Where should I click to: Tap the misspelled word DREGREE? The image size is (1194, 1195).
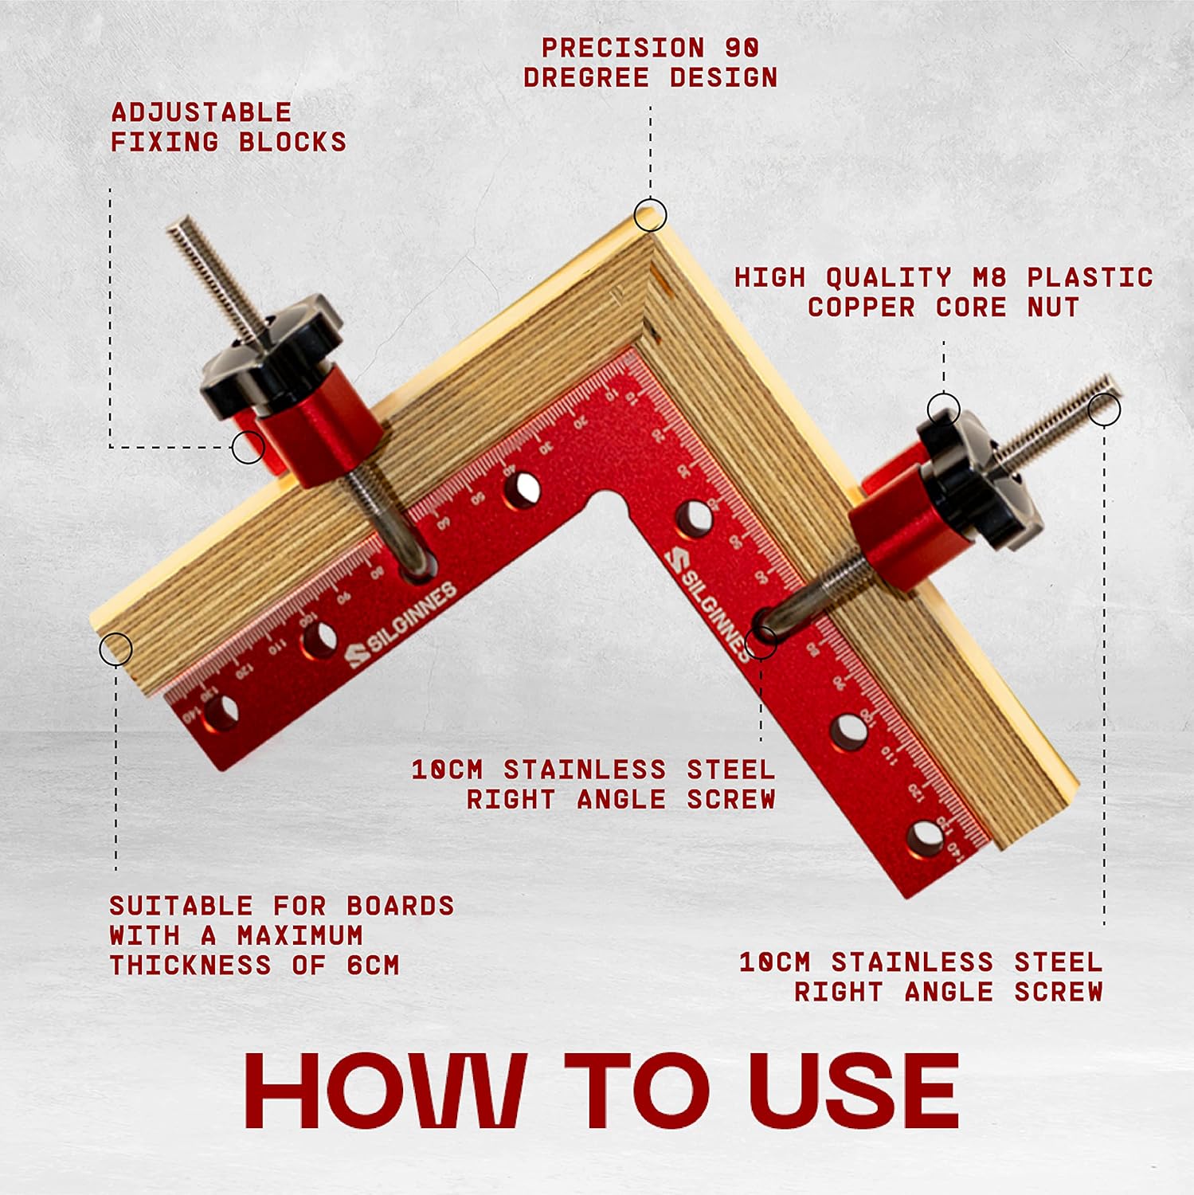click(586, 78)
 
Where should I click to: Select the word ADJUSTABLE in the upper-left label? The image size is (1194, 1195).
click(201, 112)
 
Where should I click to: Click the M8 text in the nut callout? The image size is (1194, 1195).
click(989, 277)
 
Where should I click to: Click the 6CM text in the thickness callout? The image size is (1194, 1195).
click(373, 966)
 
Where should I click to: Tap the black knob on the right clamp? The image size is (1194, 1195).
click(978, 482)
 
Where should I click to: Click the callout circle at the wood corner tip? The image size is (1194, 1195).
click(650, 215)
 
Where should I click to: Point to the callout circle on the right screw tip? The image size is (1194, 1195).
click(1104, 409)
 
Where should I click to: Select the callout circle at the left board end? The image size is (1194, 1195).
click(115, 648)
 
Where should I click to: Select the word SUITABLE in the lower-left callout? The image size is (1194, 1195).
click(181, 906)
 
